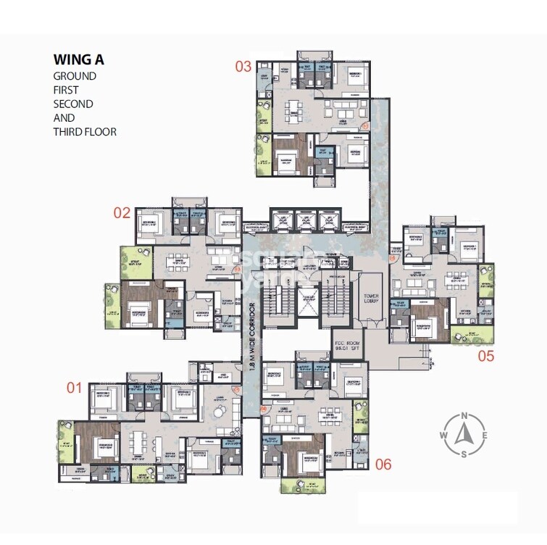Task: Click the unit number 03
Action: coord(243,67)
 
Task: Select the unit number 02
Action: coord(122,212)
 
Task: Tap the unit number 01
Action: coord(74,388)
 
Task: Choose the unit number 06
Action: coord(383,464)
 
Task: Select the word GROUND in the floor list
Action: coord(74,76)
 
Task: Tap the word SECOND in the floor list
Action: coord(73,104)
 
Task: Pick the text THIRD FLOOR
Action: coord(84,132)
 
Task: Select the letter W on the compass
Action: coord(443,436)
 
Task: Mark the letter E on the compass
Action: coord(485,436)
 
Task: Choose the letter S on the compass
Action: coord(464,454)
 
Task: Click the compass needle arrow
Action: coord(464,435)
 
